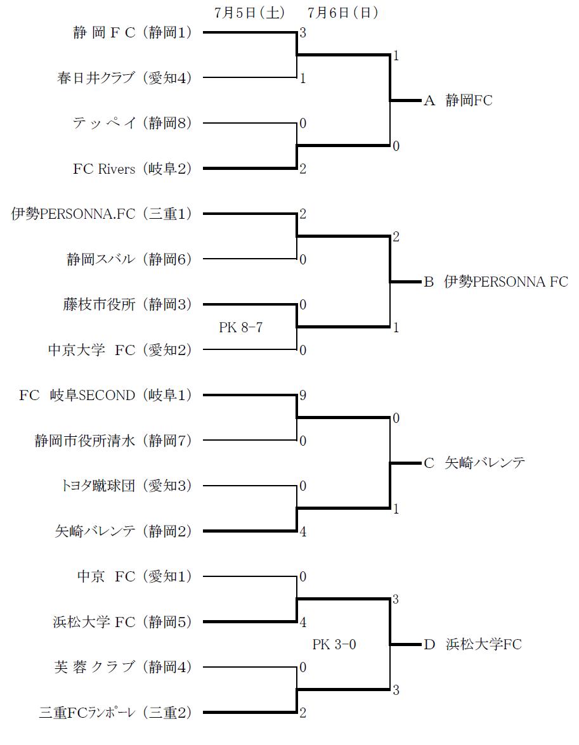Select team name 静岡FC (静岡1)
(132, 33)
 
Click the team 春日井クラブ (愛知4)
(123, 78)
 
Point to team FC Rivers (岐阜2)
(132, 169)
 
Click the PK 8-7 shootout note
(241, 328)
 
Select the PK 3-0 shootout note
(334, 645)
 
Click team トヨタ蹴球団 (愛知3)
(123, 486)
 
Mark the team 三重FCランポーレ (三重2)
(114, 713)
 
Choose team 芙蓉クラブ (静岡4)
(123, 667)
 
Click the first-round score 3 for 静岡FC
(303, 34)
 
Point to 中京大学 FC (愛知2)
(119, 350)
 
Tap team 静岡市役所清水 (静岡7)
(113, 441)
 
